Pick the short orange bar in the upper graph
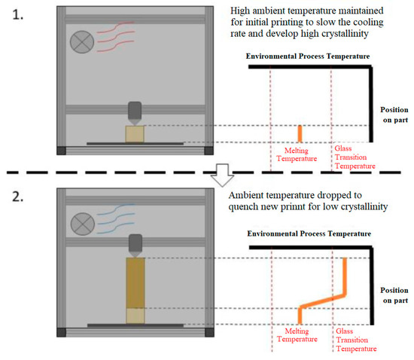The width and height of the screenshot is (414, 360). click(300, 133)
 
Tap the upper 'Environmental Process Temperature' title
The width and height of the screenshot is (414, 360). click(306, 56)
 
